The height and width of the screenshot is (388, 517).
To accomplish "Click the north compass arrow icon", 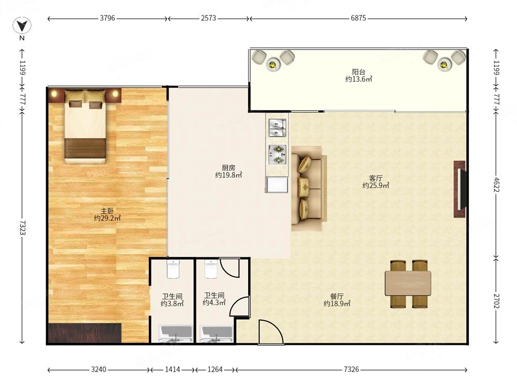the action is coord(22,26).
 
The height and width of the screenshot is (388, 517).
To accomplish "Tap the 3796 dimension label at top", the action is coord(108,18).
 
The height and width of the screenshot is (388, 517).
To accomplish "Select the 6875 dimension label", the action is coord(358,18).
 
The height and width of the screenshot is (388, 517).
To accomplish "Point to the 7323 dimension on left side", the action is coord(22,228).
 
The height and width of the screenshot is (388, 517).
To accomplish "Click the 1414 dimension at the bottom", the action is coord(173,369).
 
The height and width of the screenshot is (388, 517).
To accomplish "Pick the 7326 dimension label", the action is coord(351,369).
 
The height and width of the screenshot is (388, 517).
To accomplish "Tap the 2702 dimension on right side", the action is coord(496,301).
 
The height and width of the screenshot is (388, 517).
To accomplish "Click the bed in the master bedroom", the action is coord(85,126).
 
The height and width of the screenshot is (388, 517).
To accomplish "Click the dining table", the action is coord(408,283).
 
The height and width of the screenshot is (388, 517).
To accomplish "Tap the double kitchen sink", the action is coord(277,128).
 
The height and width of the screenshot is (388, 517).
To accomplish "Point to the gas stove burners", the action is coord(277,154).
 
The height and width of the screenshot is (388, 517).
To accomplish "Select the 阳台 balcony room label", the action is coord(358,71).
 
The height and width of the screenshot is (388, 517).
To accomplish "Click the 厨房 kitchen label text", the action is coord(228,168).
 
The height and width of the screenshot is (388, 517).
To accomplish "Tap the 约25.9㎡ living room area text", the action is coord(375,185).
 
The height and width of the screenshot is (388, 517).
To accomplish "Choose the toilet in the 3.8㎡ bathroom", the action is coord(173,269).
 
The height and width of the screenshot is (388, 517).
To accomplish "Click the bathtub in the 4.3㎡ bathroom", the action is coord(217,334).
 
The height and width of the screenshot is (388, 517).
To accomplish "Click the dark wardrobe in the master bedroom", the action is coord(85,333).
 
